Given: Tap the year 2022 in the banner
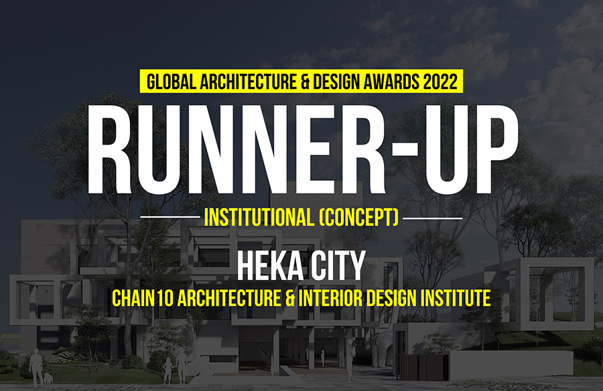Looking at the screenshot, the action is pos(440,82).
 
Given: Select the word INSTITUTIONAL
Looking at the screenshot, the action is pos(259,218).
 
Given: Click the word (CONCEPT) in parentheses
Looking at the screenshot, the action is pos(359,218).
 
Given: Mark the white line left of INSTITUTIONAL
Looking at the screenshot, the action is pos(170,217).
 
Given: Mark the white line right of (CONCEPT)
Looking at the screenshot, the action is pos(433,218).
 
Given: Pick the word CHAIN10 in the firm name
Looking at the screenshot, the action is pos(143,299).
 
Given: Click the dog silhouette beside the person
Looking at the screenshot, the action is pos(48,380).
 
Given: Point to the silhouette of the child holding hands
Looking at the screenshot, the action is pos(167,371).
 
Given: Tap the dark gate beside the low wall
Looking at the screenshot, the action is pos(422,367).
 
